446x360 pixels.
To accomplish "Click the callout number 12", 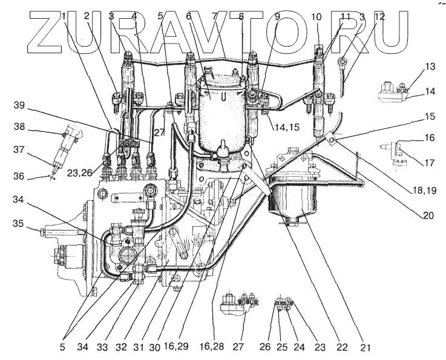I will tap(379, 18).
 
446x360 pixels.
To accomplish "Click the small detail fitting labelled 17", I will tap(393, 148).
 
